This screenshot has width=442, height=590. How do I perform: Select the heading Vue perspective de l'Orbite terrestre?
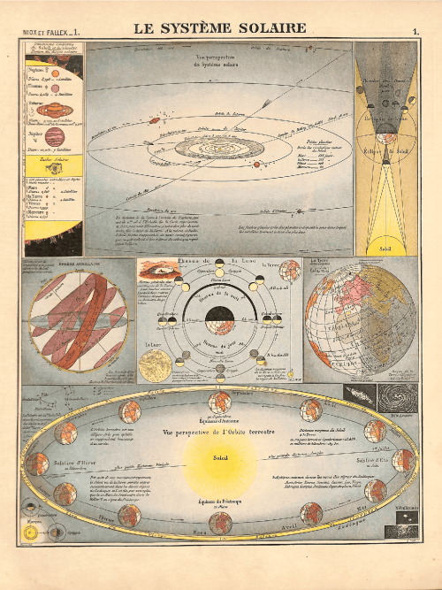coord(220,433)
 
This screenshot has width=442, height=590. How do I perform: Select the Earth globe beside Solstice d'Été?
coord(403,461)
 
